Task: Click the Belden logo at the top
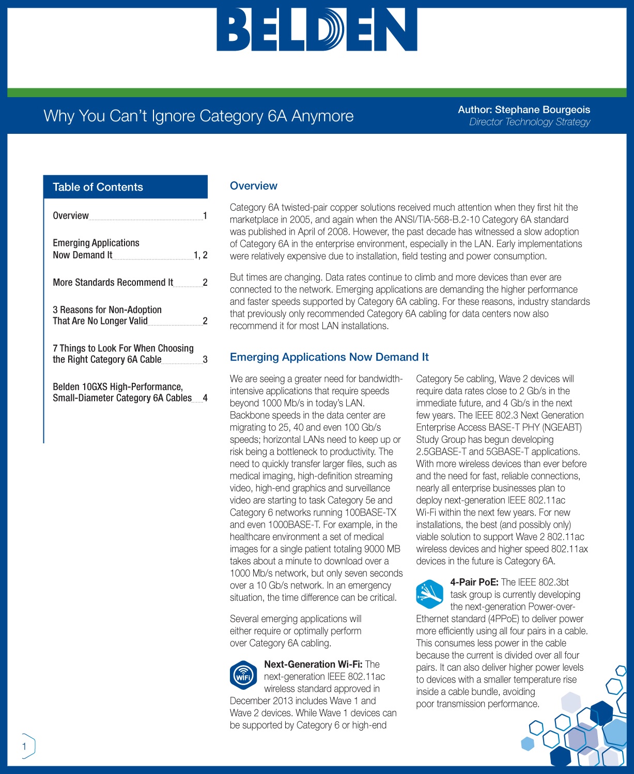(x=317, y=29)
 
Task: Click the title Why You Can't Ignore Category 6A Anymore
(x=198, y=116)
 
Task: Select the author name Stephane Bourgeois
(x=542, y=110)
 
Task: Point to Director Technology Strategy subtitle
(x=529, y=122)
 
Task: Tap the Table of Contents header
(x=98, y=187)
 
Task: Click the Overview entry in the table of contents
(x=71, y=215)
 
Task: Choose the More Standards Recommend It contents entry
(x=113, y=282)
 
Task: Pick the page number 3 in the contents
(x=205, y=360)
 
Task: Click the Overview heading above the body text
(x=253, y=186)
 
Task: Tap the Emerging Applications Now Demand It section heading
(x=329, y=357)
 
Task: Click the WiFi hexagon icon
(x=243, y=675)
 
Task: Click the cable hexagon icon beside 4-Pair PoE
(x=429, y=594)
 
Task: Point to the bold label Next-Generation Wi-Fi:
(x=313, y=664)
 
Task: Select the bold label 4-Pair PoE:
(x=474, y=582)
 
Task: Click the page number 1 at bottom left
(x=24, y=746)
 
